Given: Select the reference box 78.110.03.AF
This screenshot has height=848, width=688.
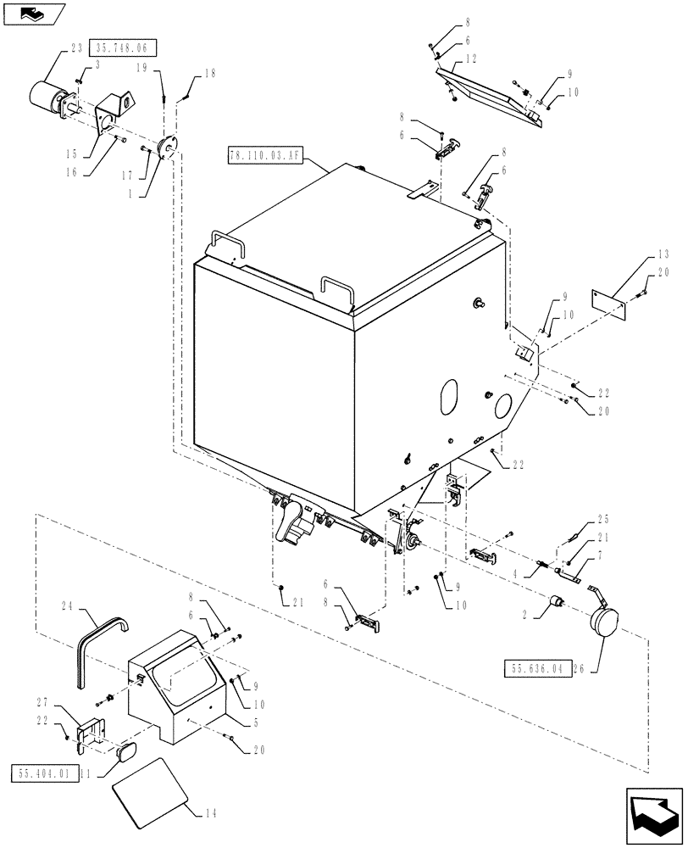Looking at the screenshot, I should pyautogui.click(x=265, y=155).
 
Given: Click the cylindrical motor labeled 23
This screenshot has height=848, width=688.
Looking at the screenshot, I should pyautogui.click(x=49, y=98).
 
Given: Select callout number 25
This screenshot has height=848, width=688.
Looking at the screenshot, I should pyautogui.click(x=603, y=518).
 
